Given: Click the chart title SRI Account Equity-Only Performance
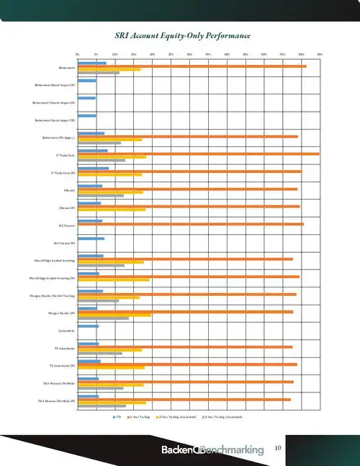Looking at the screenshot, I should pos(183,35).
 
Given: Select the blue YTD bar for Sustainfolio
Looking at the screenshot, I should pos(88,326).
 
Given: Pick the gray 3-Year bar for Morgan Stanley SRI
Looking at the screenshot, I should pos(103,318).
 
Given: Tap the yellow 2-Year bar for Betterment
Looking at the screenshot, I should pos(109,70).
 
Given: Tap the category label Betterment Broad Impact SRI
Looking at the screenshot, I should pos(54,84).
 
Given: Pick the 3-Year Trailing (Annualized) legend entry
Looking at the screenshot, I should pos(225,416).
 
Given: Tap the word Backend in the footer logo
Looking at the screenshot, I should pos(176,450).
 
